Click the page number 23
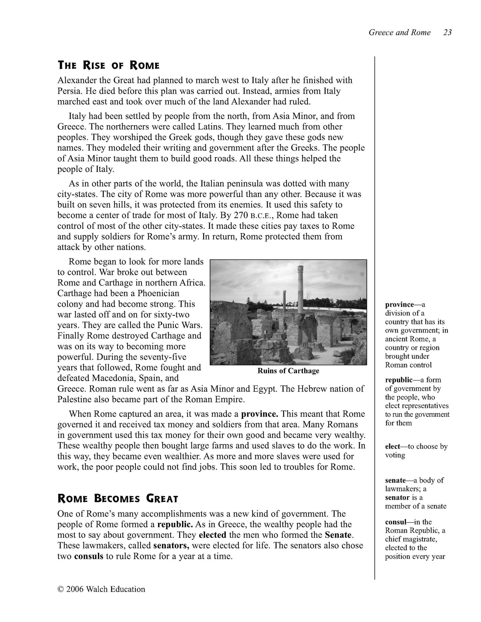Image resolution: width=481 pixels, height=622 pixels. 447,32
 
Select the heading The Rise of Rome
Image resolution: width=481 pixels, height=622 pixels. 109,65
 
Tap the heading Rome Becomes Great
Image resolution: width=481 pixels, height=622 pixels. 118,499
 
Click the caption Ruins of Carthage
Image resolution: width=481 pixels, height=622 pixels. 288,371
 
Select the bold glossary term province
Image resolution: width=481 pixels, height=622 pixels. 399,304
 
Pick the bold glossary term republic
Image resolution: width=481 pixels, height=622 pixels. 399,380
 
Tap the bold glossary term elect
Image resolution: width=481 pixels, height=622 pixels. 392,446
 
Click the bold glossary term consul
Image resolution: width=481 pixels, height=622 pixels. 395,522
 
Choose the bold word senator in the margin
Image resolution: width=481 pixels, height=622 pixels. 397,498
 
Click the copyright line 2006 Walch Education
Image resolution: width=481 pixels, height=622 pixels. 102,589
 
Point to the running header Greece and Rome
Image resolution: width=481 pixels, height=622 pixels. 399,32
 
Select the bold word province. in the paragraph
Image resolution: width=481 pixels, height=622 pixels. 260,414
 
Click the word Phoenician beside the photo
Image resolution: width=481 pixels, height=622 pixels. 158,293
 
